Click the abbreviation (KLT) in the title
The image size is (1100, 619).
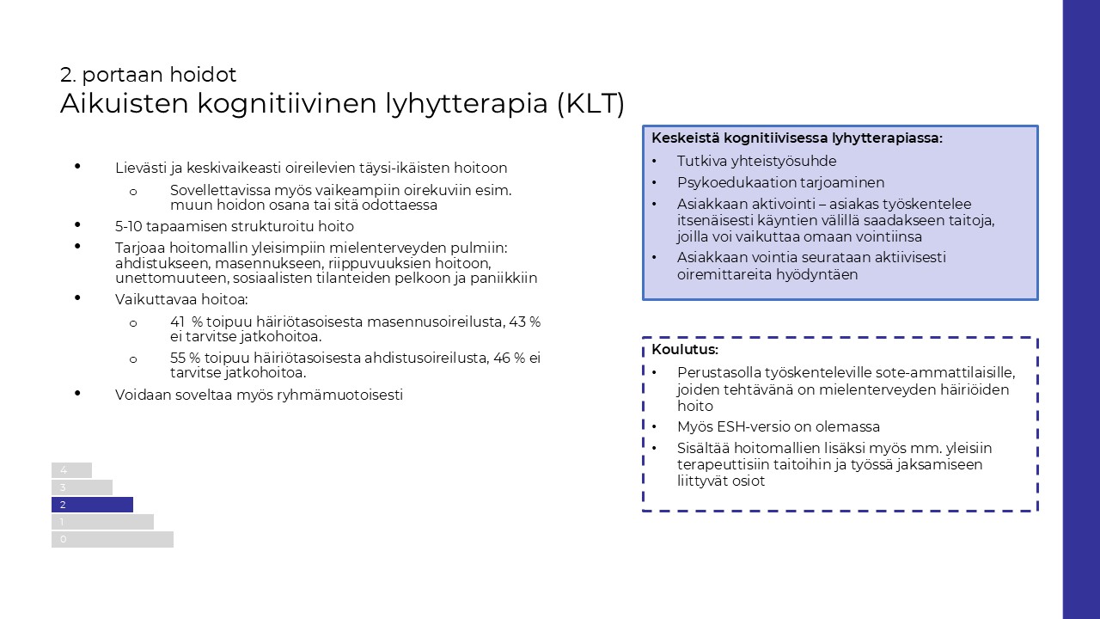[590, 104]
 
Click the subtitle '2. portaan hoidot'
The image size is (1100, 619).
[148, 75]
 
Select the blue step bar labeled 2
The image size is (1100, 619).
[92, 505]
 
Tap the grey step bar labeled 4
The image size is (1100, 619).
[71, 470]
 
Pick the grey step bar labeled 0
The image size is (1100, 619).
[113, 539]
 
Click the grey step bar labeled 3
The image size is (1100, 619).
[82, 487]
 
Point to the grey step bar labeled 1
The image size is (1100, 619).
[102, 522]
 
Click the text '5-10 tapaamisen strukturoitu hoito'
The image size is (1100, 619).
[235, 227]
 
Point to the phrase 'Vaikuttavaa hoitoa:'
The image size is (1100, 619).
[181, 300]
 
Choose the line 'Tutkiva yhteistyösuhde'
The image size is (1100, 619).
[756, 161]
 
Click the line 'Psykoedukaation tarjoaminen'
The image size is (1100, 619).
[780, 182]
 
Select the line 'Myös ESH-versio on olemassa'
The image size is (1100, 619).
[779, 426]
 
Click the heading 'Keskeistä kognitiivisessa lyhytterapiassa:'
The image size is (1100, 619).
[797, 138]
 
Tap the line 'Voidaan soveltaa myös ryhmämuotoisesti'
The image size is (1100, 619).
[259, 395]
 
